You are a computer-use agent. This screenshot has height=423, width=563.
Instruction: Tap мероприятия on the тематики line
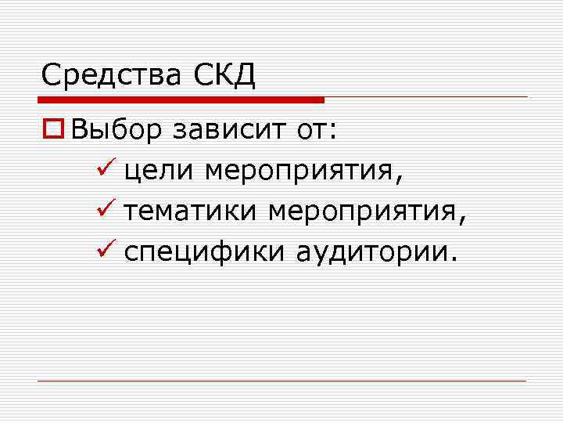367,212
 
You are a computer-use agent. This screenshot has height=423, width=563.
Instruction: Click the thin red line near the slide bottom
281,381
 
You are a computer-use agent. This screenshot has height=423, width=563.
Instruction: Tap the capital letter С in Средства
52,75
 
